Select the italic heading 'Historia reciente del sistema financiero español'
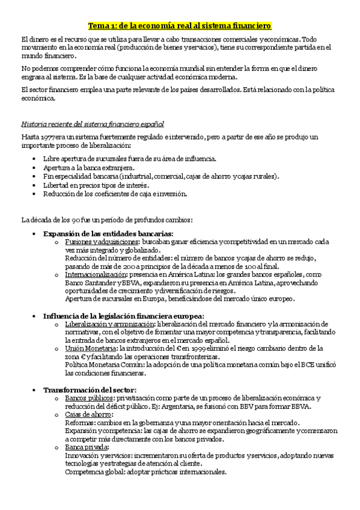pos(92,124)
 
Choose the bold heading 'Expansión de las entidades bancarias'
pos(108,233)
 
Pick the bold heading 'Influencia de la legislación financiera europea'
pos(124,316)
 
